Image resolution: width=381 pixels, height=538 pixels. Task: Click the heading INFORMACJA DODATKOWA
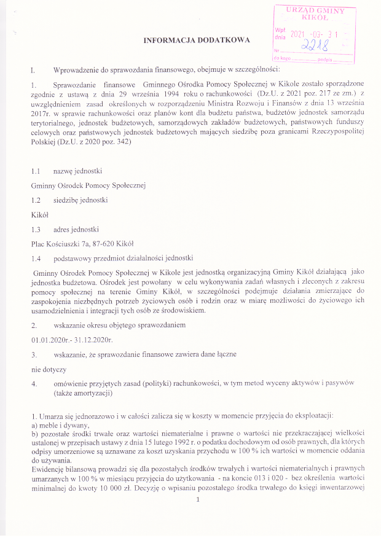pyautogui.click(x=197, y=40)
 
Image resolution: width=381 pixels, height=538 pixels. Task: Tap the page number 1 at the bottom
pyautogui.click(x=197, y=516)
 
